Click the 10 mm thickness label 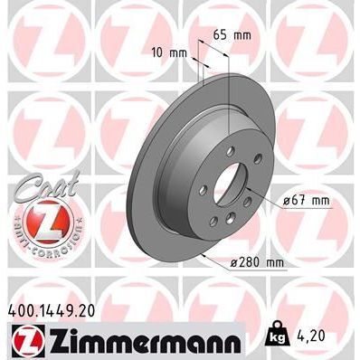[169, 52]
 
